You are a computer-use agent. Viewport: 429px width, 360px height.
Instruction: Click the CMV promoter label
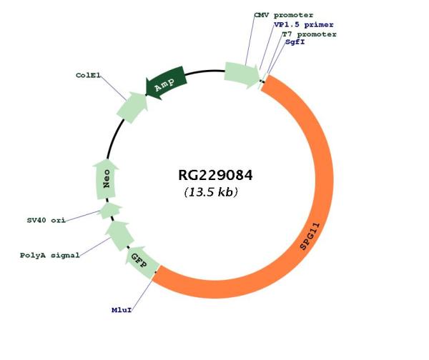285,15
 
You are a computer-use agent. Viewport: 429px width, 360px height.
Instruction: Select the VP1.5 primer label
303,24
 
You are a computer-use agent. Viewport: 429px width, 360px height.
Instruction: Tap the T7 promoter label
309,34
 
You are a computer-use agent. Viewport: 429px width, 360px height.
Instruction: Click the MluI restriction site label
121,311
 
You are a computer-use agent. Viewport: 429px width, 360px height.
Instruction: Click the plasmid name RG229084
215,175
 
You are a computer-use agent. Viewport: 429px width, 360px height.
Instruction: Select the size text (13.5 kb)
211,193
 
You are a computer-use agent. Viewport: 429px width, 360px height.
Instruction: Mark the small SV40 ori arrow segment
109,210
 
